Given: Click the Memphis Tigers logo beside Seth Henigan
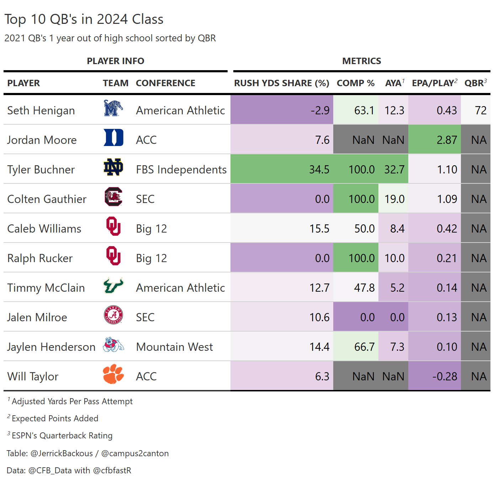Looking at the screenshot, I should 113,109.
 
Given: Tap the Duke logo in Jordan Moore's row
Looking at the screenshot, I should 113,138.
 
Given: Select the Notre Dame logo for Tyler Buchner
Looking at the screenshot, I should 113,167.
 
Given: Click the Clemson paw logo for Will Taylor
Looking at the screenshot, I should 113,374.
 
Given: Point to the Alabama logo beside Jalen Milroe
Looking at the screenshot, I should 113,315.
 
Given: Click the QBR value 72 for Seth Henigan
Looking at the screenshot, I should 480,110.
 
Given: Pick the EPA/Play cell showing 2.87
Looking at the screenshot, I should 447,140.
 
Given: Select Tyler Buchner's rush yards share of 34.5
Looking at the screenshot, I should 319,170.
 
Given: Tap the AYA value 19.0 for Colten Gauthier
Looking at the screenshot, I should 394,199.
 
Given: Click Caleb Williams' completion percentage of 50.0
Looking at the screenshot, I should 364,229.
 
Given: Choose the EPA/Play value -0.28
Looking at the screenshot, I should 445,376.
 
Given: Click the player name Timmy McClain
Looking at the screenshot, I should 46,288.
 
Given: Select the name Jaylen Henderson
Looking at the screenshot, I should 51,347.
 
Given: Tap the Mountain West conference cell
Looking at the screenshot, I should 174,347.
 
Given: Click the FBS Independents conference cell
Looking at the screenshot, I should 181,170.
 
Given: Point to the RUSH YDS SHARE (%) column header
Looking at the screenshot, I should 281,83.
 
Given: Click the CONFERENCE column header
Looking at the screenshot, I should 165,83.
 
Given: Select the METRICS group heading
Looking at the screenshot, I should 361,61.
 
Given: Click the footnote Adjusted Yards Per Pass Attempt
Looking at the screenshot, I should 72,401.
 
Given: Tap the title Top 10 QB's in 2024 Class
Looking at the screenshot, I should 84,19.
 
